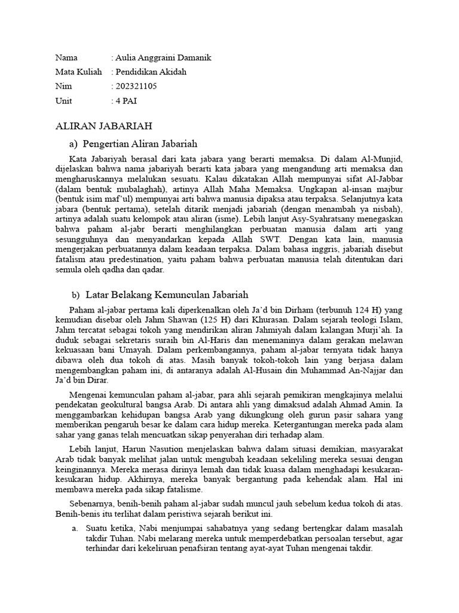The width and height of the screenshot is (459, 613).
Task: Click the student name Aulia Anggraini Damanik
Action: pos(163,58)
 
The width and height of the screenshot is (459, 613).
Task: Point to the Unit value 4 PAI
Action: pos(126,101)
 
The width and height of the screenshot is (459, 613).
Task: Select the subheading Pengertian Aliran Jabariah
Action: pos(140,144)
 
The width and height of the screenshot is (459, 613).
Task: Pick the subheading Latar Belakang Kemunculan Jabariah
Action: pos(167,295)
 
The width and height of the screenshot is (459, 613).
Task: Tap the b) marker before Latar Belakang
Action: pos(75,295)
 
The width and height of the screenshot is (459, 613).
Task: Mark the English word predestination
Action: pos(133,259)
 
